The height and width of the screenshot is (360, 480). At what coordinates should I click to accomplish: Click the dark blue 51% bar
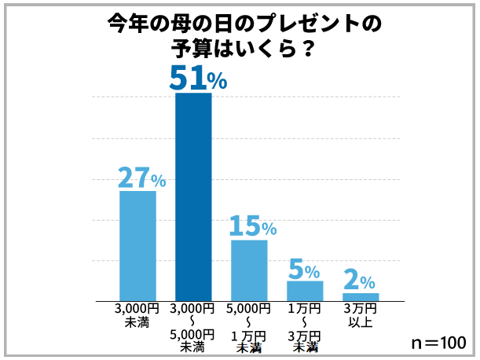(x=193, y=197)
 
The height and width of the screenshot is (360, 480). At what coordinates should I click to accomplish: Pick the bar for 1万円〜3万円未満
(x=305, y=290)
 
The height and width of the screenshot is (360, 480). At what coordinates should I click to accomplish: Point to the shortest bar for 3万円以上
(x=361, y=296)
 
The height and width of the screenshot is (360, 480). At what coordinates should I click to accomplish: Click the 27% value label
(x=141, y=178)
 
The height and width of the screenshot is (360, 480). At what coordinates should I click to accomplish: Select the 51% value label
(x=198, y=78)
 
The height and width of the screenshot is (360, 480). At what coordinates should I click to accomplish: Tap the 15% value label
(x=252, y=226)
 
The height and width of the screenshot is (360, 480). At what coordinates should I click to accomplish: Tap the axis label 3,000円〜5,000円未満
(x=192, y=326)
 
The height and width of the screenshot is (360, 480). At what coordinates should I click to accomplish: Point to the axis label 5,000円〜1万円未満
(x=248, y=326)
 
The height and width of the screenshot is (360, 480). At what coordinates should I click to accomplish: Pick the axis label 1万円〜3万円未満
(x=305, y=326)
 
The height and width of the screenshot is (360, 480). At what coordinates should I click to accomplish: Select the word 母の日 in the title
(x=200, y=24)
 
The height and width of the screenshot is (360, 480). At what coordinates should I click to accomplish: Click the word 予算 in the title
(x=189, y=47)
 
